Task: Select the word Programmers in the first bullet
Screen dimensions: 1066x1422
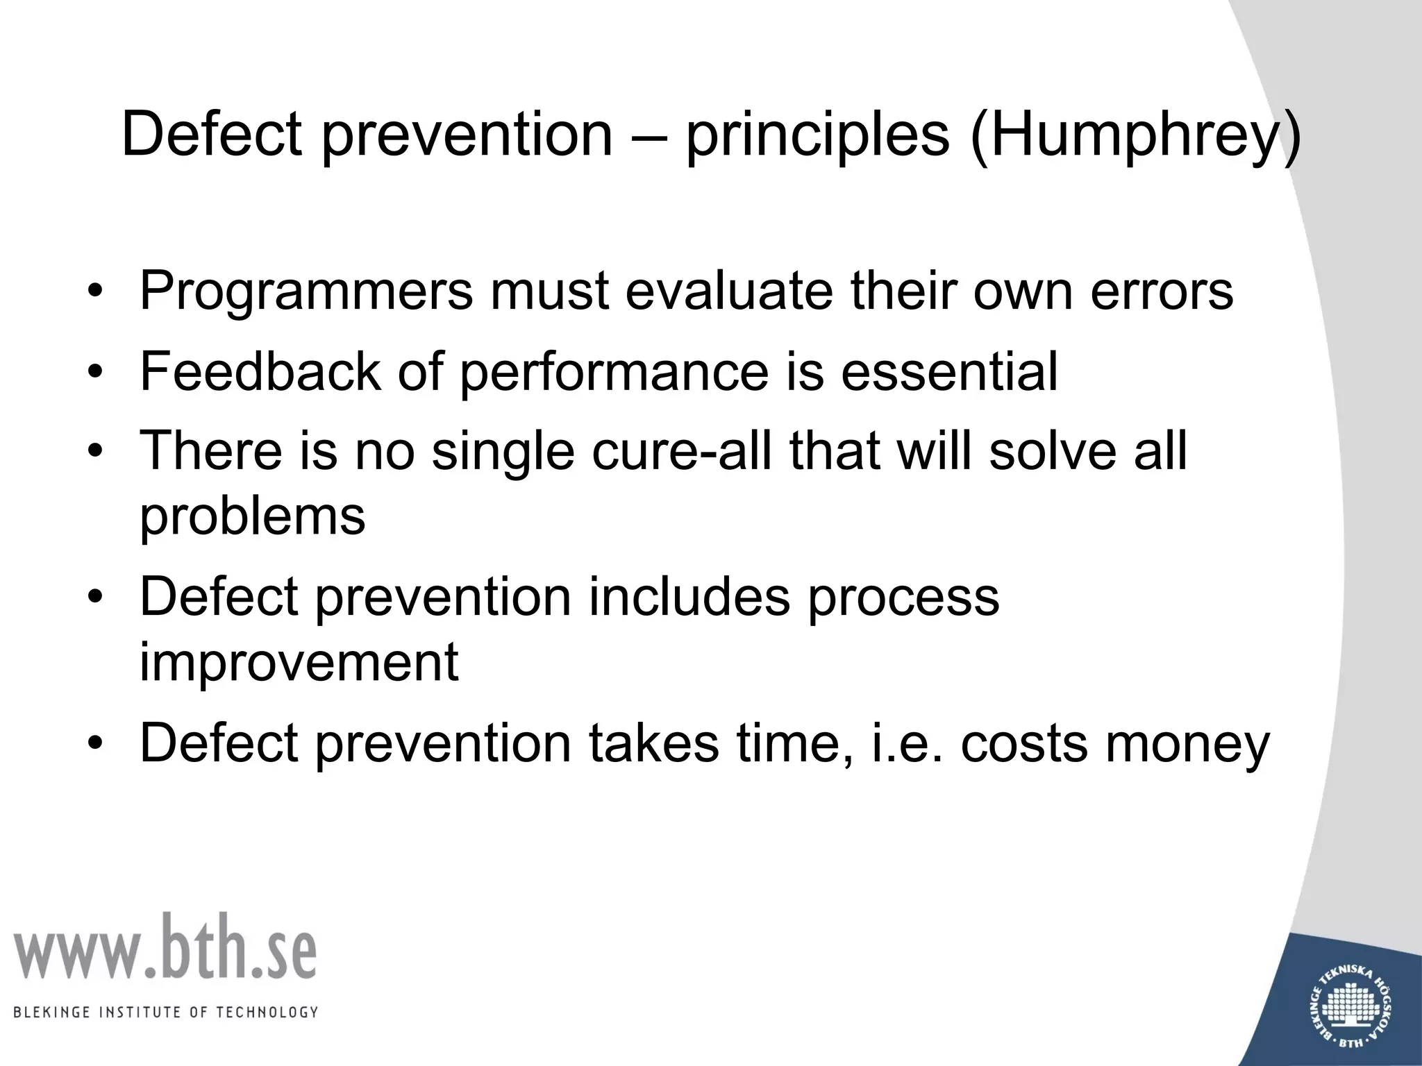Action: coord(306,291)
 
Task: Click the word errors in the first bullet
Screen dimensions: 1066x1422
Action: coord(1162,291)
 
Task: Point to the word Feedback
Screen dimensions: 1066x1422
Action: coord(260,372)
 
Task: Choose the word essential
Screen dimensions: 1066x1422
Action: coord(949,372)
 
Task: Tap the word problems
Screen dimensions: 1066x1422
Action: coord(252,517)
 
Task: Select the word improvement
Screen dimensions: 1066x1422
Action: coord(299,663)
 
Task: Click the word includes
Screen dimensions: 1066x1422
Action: coord(689,597)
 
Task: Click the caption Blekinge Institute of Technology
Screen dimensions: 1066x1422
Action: coord(166,1013)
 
